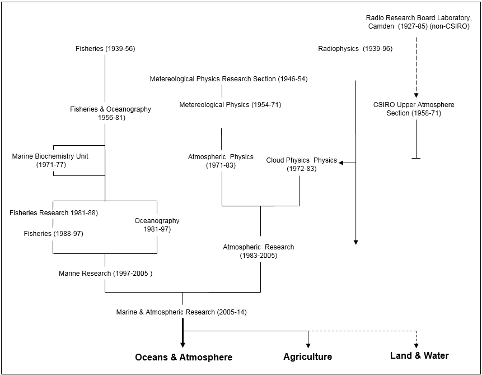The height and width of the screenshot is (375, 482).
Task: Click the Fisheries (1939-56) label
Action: [105, 49]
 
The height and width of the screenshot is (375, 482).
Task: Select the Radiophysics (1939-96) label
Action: [355, 49]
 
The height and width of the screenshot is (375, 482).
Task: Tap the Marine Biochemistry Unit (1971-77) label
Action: [50, 161]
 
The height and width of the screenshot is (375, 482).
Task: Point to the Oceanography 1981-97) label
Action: [157, 225]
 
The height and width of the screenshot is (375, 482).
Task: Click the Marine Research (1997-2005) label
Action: [106, 274]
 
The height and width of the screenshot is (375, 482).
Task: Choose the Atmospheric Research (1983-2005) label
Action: [258, 251]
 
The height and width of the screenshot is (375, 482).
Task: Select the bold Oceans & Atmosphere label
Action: [183, 357]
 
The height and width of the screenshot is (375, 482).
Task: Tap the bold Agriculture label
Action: [307, 357]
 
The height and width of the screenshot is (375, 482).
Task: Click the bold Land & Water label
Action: [419, 355]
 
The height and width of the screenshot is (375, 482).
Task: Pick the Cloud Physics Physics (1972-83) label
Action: [301, 164]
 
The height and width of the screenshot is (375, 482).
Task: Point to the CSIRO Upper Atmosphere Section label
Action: [414, 109]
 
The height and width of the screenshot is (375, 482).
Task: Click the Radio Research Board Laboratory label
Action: [418, 22]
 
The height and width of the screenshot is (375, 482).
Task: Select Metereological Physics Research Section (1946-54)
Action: [228, 79]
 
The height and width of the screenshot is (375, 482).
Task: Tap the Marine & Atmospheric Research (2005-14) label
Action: [181, 312]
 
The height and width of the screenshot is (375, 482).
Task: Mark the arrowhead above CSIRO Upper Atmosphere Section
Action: [416, 95]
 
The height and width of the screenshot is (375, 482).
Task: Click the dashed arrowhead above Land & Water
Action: [416, 345]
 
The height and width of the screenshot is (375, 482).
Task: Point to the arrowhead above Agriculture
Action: [308, 345]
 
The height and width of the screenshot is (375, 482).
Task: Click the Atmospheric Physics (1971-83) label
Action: [221, 161]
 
